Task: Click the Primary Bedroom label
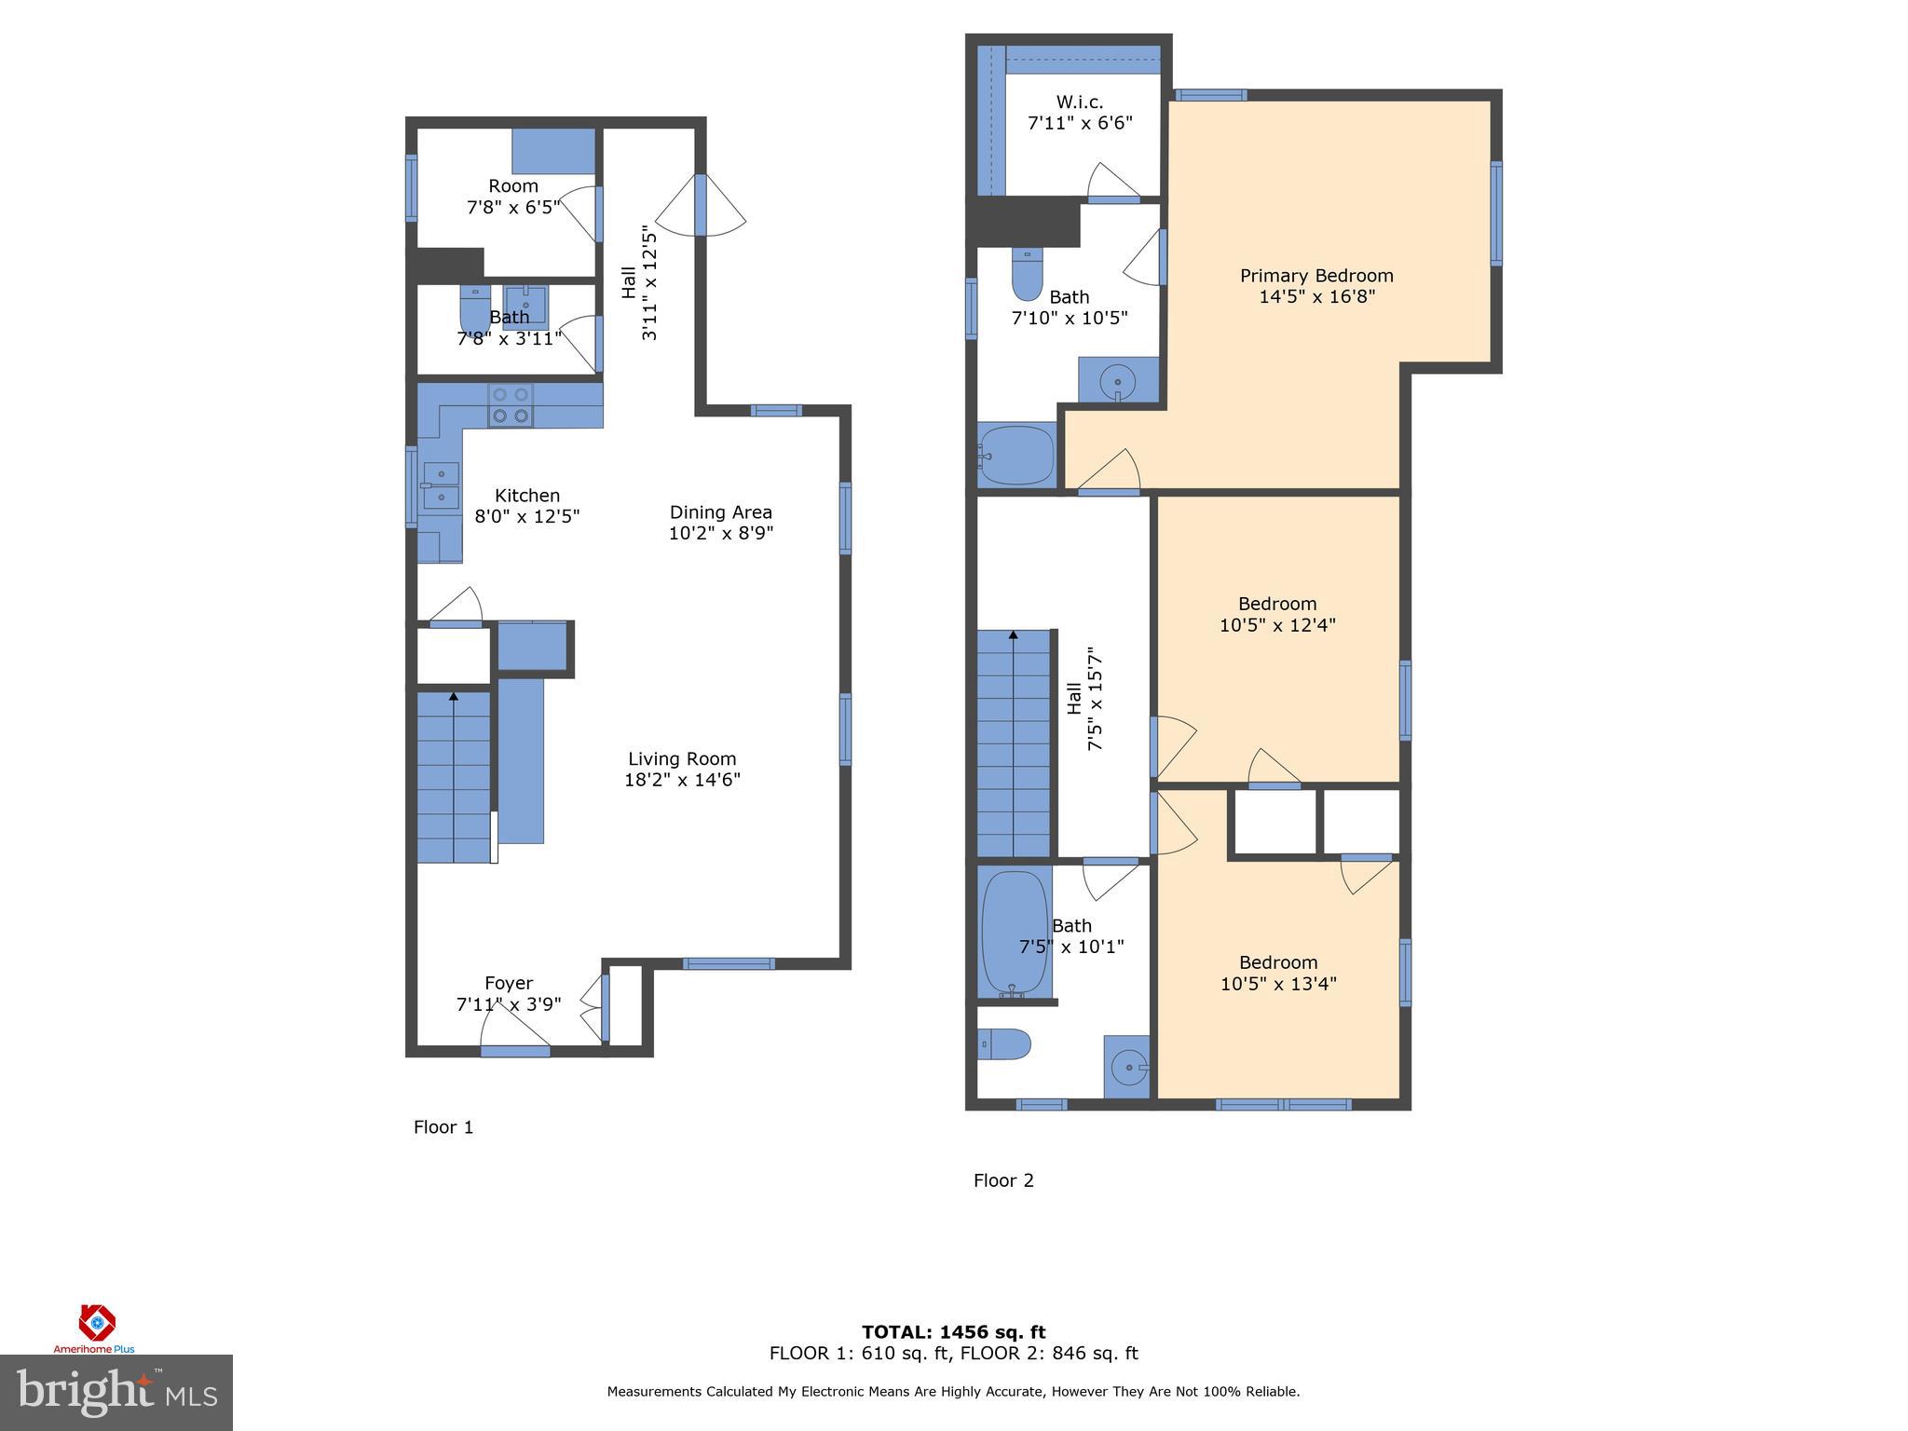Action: [x=1315, y=276]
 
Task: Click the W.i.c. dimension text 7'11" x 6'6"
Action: [x=1080, y=123]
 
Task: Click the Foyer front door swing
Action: [x=514, y=1029]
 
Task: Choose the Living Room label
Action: [x=682, y=759]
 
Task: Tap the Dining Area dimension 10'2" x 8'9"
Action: [x=720, y=534]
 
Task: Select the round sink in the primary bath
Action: [x=1117, y=381]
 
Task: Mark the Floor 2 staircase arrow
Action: [x=1013, y=635]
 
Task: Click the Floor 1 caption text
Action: [x=443, y=1127]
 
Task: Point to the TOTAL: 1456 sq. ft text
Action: [x=953, y=1332]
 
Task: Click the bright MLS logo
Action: [x=116, y=1392]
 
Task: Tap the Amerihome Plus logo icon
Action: [x=96, y=1322]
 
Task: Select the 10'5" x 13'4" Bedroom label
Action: [x=1277, y=962]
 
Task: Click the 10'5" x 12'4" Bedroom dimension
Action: [x=1277, y=625]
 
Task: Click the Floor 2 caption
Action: [x=1003, y=1180]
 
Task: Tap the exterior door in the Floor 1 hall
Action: [x=701, y=205]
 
